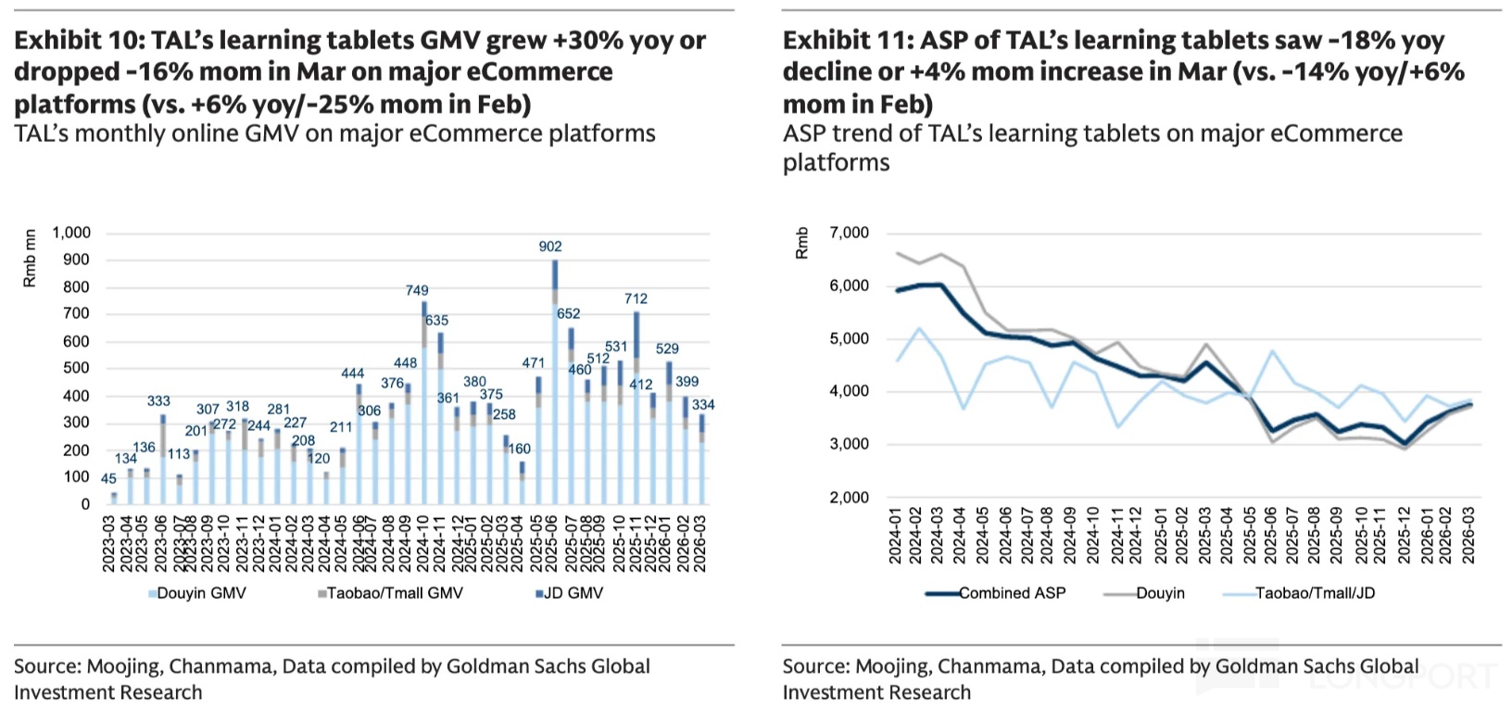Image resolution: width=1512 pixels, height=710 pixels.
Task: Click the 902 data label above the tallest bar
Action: click(x=550, y=247)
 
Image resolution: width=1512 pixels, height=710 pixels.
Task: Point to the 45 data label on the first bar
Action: click(x=108, y=479)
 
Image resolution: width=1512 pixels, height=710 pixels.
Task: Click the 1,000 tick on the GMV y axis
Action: click(x=71, y=233)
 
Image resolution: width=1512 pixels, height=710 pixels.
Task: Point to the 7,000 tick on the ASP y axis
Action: click(x=850, y=233)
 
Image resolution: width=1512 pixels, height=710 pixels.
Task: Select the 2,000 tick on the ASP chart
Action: click(x=850, y=498)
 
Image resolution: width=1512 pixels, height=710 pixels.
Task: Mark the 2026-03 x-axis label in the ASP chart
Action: click(x=1469, y=535)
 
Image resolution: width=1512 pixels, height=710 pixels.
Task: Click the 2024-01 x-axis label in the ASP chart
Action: click(x=896, y=535)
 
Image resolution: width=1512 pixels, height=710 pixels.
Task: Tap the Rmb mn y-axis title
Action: click(x=31, y=259)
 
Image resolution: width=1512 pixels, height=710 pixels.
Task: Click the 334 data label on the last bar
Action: click(x=703, y=405)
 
